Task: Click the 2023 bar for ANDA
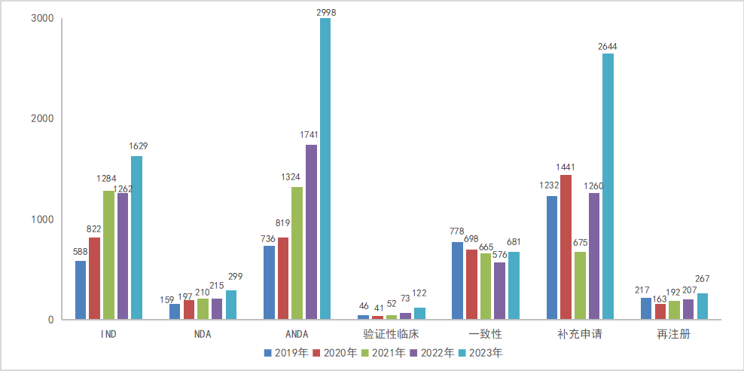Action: pos(325,169)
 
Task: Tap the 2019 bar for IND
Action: pos(81,290)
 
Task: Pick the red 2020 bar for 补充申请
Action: pos(566,247)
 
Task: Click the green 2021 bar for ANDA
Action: pos(297,253)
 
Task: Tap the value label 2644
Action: pos(608,46)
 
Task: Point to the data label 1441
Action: pos(566,167)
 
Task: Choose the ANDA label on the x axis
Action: pos(297,334)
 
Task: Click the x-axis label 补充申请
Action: pos(579,334)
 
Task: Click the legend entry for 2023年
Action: pos(481,352)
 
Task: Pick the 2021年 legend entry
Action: pos(383,352)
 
